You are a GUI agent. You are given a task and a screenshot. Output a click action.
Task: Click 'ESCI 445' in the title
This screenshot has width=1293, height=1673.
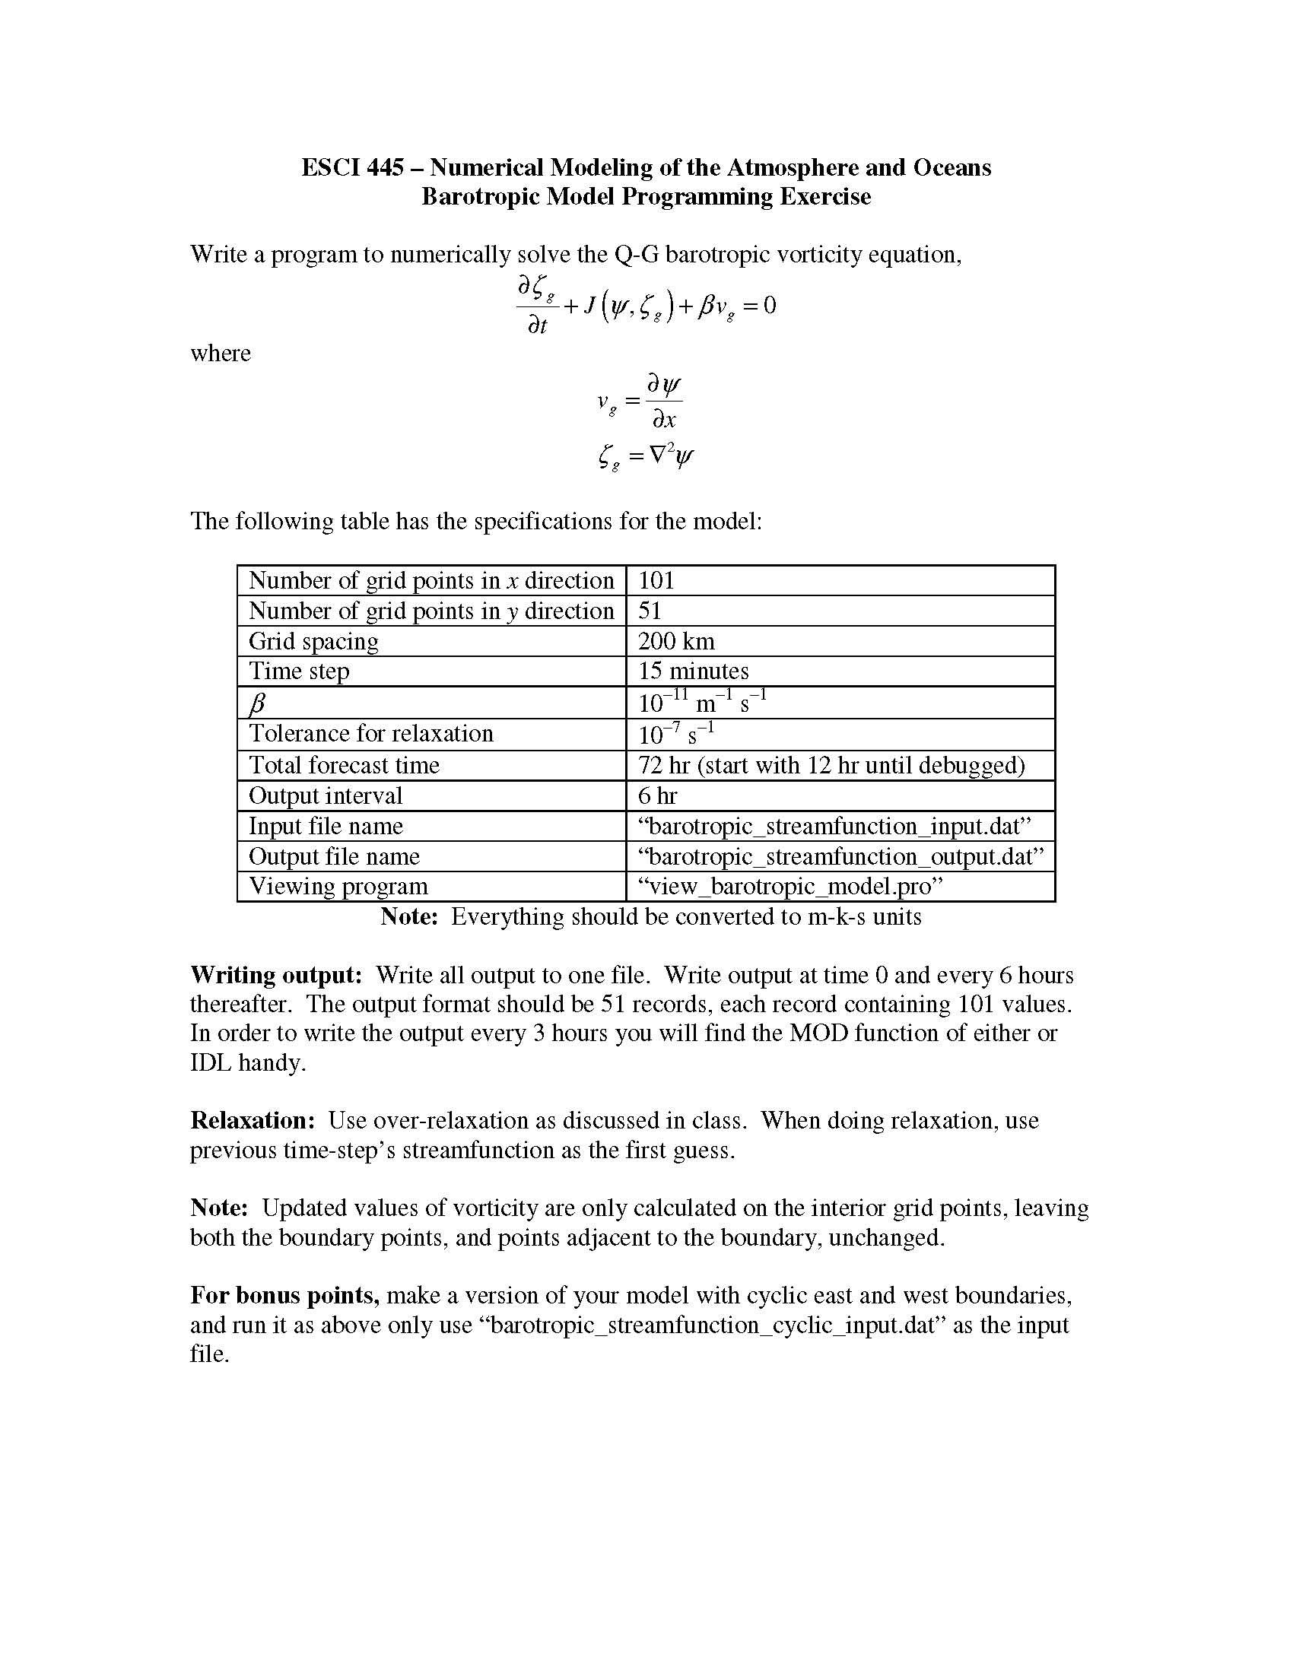[x=351, y=168]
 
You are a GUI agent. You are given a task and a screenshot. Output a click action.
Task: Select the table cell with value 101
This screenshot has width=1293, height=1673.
[x=656, y=581]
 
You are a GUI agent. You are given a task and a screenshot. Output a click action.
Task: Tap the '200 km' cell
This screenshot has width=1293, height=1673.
[x=675, y=641]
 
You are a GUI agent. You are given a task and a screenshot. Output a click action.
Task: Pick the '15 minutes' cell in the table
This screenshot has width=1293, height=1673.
[x=692, y=671]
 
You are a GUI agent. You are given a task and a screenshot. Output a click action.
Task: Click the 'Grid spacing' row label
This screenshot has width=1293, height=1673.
[x=313, y=641]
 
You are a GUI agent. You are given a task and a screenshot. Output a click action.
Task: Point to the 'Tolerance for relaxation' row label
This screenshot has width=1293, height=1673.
[x=370, y=734]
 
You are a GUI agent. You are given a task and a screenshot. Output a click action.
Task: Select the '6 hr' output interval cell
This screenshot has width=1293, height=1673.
[x=657, y=796]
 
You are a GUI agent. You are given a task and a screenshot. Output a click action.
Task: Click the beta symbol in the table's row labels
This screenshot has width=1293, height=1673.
[x=257, y=703]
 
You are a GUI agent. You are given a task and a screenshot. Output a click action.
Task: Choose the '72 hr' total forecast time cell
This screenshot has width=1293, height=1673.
[x=831, y=765]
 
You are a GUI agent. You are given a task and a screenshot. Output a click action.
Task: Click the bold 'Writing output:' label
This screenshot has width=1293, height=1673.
[x=276, y=975]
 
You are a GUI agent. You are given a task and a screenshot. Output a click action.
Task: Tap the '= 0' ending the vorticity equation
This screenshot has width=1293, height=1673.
[x=759, y=306]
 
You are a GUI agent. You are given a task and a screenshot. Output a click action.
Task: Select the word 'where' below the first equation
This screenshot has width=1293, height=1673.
[x=221, y=354]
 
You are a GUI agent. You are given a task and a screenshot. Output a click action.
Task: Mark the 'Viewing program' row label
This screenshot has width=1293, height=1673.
[x=338, y=887]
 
